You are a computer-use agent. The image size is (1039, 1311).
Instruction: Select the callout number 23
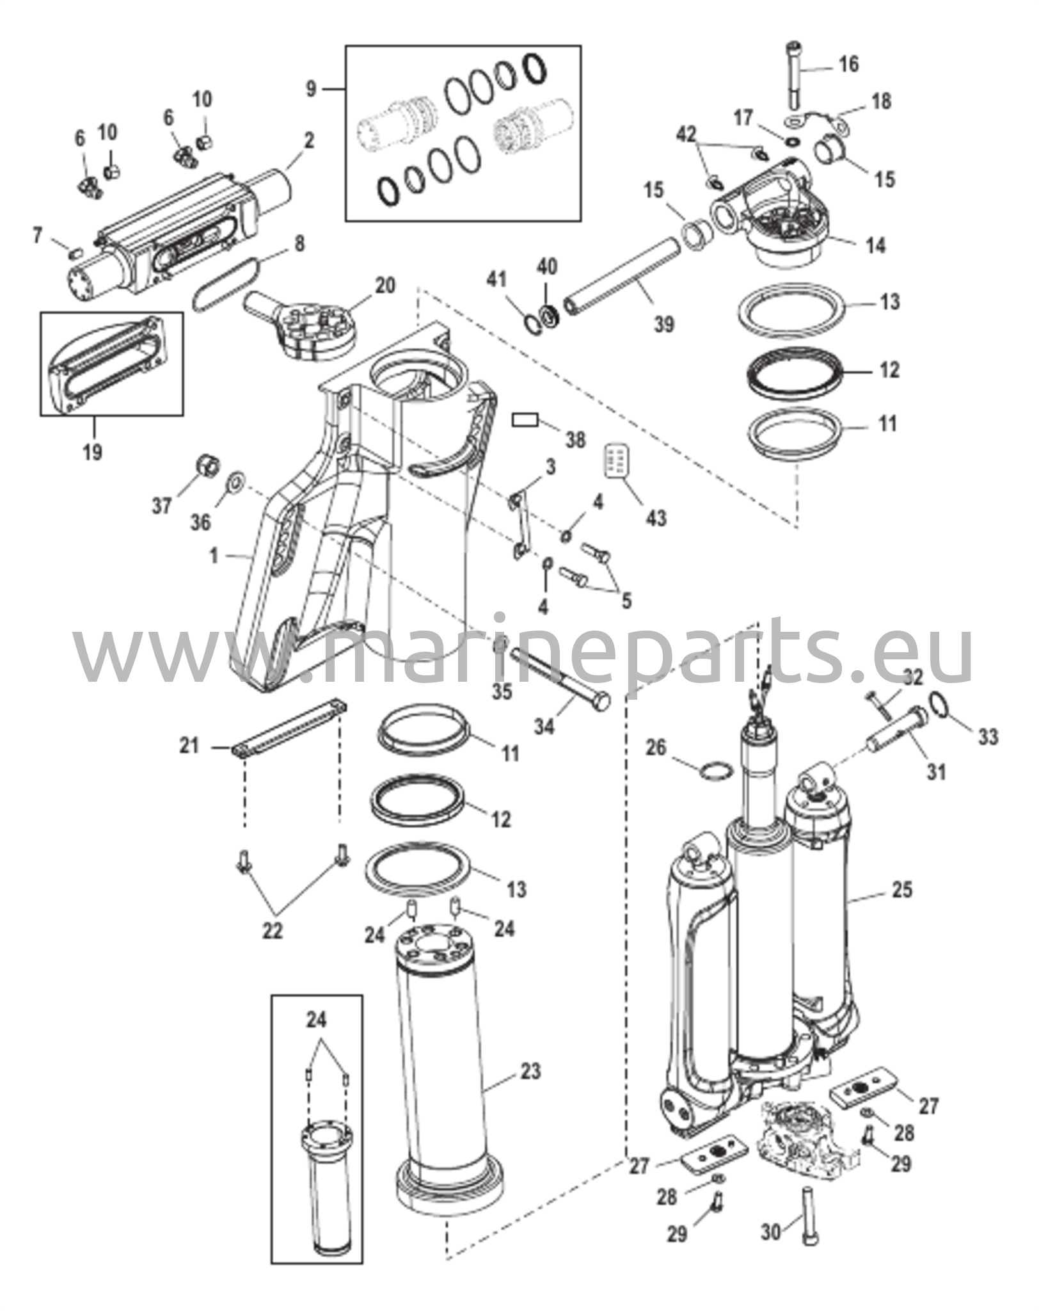[530, 1071]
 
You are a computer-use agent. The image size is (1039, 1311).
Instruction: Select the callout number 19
[92, 452]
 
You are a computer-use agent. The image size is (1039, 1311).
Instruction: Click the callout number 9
[310, 89]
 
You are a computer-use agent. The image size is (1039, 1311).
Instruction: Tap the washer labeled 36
[236, 480]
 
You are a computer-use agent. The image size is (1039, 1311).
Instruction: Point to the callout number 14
[875, 245]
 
